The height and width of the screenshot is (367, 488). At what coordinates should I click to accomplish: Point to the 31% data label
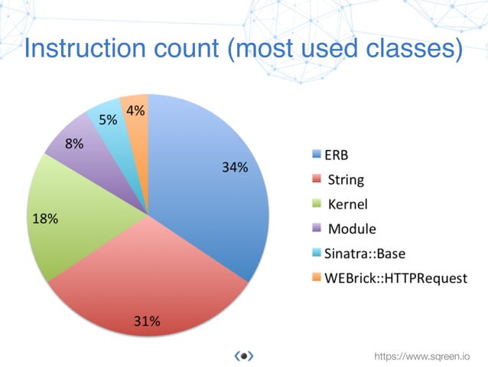tap(147, 321)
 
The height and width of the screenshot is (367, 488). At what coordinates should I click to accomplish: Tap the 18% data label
tap(45, 218)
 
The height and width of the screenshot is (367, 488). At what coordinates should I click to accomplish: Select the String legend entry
tap(345, 181)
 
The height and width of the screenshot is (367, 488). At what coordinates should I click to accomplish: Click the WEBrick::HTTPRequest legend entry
tap(390, 277)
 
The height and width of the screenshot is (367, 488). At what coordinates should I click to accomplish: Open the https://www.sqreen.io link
tap(421, 356)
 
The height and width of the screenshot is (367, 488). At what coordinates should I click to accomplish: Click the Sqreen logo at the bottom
tap(243, 356)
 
